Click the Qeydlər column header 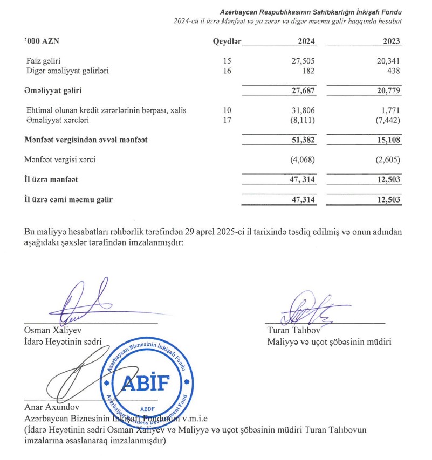227,41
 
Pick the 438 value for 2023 394,71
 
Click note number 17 227,120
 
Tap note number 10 227,110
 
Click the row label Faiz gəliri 45,61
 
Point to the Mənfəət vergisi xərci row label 60,159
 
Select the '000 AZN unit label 42,41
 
